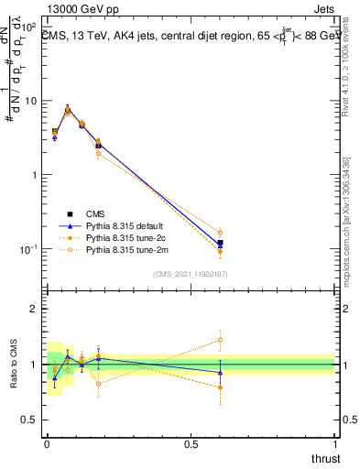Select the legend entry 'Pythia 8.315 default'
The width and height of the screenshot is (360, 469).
click(122, 225)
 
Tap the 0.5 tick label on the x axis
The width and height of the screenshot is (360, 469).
click(191, 442)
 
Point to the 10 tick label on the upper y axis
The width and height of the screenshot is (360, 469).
click(30, 101)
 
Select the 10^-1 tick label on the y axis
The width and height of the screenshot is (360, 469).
click(27, 248)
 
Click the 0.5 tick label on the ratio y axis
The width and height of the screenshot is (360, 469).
click(29, 420)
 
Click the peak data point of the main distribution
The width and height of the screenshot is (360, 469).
click(68, 110)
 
